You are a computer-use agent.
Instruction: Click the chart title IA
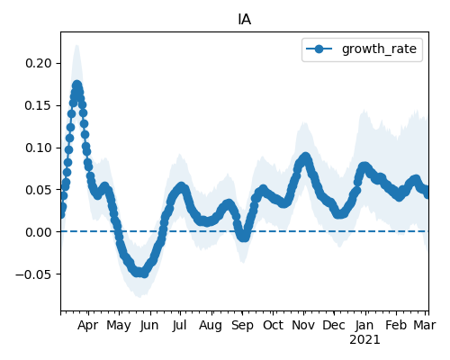pos(245,20)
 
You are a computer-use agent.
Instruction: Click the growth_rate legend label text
pos(379,49)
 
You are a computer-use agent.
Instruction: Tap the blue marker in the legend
pos(319,49)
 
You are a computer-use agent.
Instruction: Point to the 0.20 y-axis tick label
pos(39,63)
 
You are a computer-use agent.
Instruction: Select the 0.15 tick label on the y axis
pos(39,105)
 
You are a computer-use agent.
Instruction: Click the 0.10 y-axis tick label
pos(39,148)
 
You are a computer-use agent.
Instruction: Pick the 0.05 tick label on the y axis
pos(39,190)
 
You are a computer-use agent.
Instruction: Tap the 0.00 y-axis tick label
pos(39,232)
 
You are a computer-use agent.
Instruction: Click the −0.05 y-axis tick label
pos(33,274)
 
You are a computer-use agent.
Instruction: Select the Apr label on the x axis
pos(87,326)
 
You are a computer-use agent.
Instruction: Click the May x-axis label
pos(119,326)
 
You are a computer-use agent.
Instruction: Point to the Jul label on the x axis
pos(179,325)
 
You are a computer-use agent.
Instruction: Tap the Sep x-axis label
pos(242,326)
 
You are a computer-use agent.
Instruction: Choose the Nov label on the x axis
pos(303,325)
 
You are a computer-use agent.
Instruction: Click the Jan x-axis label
pos(364,325)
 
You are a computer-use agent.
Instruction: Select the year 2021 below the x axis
pos(364,340)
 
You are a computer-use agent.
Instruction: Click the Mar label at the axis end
pos(425,325)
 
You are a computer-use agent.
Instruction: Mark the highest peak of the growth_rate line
pos(77,85)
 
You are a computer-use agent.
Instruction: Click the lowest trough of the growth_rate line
pos(145,274)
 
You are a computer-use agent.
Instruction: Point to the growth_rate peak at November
pos(306,157)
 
